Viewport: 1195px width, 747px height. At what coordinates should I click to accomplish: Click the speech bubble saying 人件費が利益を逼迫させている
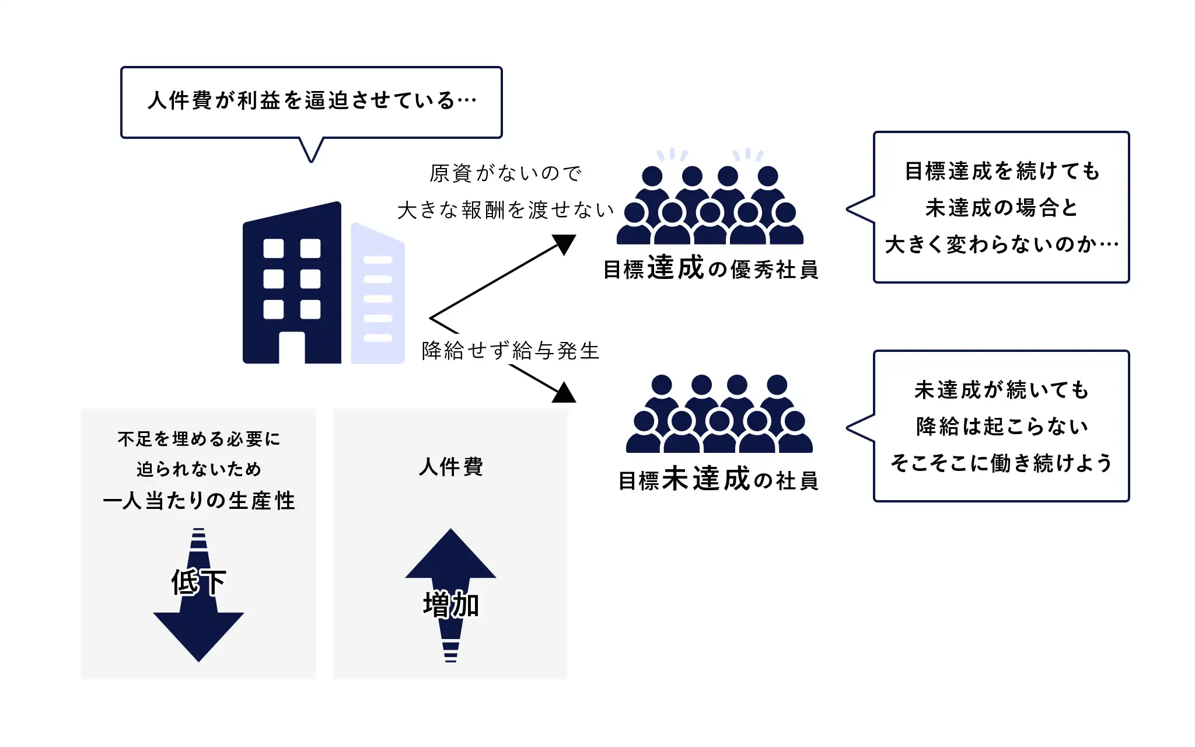coord(312,101)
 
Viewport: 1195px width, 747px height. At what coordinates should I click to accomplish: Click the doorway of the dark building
coord(292,348)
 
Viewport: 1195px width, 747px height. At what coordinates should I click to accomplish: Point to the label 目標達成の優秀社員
coord(711,269)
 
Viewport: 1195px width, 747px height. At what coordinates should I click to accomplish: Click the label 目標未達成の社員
coord(718,480)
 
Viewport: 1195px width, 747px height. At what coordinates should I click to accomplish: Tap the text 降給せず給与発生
coord(511,351)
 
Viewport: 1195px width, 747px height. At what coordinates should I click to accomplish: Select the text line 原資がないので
coord(506,173)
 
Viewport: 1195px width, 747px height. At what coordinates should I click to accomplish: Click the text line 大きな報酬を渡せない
coord(506,210)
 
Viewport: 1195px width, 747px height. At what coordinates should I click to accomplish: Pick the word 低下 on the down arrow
coord(198,582)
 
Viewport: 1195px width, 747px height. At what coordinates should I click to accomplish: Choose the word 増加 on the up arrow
coord(451,605)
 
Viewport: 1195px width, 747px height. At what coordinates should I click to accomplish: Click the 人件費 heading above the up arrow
coord(451,467)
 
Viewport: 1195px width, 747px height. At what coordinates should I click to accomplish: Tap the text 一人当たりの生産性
coord(199,501)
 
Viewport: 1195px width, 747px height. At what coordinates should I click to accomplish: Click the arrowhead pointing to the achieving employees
coord(565,244)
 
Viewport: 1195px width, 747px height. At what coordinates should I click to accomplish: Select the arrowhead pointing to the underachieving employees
coord(564,393)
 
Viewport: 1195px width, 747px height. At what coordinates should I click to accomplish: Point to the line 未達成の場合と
coord(1001,208)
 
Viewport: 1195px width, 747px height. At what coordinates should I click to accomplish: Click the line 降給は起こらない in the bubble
coord(1001,427)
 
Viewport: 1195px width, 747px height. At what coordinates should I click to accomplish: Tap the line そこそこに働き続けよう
coord(1001,463)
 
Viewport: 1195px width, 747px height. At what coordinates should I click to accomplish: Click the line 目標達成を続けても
coord(1001,171)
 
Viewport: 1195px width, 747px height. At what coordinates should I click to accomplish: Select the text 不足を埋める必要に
coord(199,439)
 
